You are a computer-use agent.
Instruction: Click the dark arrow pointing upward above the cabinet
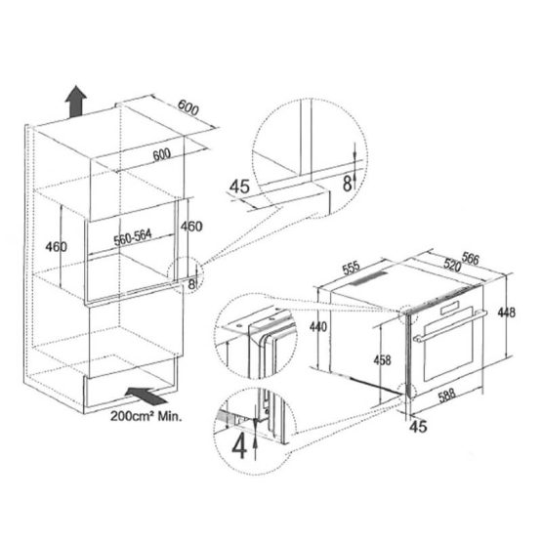tap(76, 102)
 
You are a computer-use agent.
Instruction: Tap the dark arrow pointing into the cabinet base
tap(146, 396)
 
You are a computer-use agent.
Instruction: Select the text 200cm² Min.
tap(146, 416)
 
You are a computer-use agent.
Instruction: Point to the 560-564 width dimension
tap(133, 237)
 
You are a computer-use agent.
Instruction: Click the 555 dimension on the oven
tap(352, 268)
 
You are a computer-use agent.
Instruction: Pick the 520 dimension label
tap(452, 265)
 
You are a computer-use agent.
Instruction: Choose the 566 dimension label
tap(471, 259)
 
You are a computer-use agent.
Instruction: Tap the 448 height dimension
tap(506, 313)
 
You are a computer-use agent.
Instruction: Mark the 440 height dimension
tap(318, 326)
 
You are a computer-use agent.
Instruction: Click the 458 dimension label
tap(382, 360)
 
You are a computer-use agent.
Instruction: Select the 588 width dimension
tap(447, 396)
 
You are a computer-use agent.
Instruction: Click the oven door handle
tap(449, 326)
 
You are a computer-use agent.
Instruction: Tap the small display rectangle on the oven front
tap(449, 308)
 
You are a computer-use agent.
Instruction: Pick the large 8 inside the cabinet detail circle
tap(347, 184)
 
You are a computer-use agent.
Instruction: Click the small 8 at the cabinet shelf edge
tap(191, 284)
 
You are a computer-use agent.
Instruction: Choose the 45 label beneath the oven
tap(418, 427)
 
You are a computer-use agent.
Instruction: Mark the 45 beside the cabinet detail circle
tap(239, 187)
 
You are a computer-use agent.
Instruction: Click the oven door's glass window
tap(448, 343)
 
